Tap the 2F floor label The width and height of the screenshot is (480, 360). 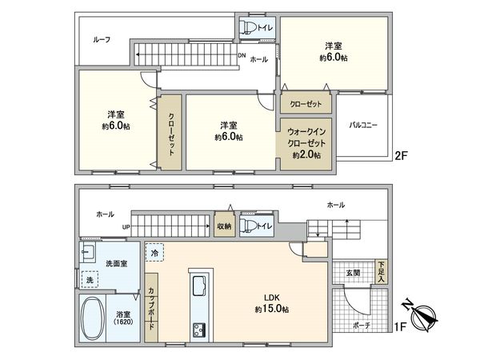tap(402, 158)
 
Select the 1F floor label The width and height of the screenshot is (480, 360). tap(402, 328)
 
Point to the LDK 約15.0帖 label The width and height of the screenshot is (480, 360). tap(272, 303)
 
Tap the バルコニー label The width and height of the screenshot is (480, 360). tap(363, 126)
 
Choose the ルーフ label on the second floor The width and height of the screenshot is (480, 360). tap(102, 40)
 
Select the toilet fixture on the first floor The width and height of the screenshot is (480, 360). tap(246, 226)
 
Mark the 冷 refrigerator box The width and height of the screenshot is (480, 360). tap(154, 253)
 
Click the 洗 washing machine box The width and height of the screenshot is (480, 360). tap(90, 280)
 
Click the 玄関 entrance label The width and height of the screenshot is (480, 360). tap(352, 272)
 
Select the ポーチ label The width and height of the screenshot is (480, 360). tap(361, 326)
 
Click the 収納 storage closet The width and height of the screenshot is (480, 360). tap(223, 226)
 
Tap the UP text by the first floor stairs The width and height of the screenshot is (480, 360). tap(126, 226)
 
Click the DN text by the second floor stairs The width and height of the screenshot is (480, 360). tap(242, 55)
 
